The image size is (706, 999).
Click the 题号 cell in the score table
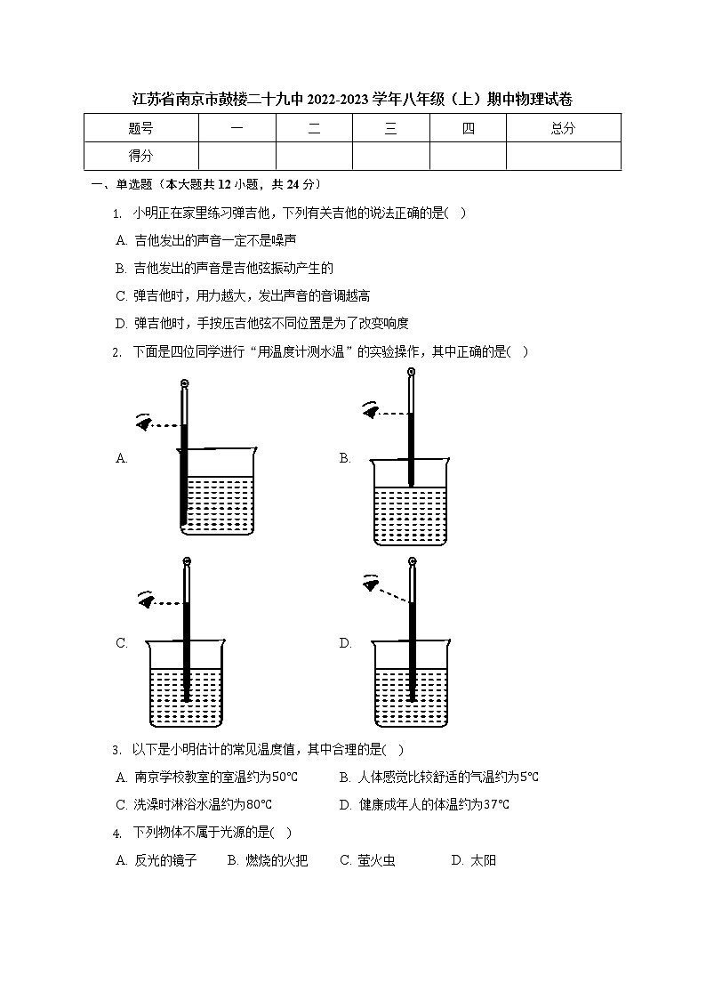coord(140,128)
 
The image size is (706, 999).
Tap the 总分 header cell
coord(563,128)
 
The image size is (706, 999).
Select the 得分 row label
coord(140,156)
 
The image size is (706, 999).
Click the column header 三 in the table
coord(390,128)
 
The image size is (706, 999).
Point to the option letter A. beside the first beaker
coord(122,458)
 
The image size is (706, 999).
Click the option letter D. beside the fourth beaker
coord(346,643)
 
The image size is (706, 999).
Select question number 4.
coord(117,834)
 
